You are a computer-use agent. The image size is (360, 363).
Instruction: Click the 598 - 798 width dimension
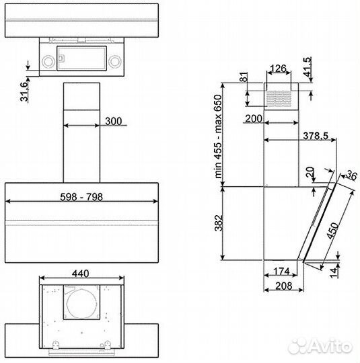(x=81, y=197)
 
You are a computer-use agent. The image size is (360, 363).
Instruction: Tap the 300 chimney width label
(x=113, y=121)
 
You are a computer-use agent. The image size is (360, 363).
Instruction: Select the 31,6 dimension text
(x=24, y=91)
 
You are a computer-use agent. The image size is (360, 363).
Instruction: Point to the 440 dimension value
(x=81, y=274)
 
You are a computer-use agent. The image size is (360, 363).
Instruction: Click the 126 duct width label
(x=279, y=69)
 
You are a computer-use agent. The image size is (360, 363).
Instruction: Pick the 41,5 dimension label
(x=308, y=67)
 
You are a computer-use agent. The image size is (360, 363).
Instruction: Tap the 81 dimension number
(x=244, y=77)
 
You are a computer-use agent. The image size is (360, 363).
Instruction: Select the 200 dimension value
(x=254, y=118)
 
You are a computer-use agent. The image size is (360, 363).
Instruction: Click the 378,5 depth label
(x=316, y=136)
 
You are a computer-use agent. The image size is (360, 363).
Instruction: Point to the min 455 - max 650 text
(x=219, y=136)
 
